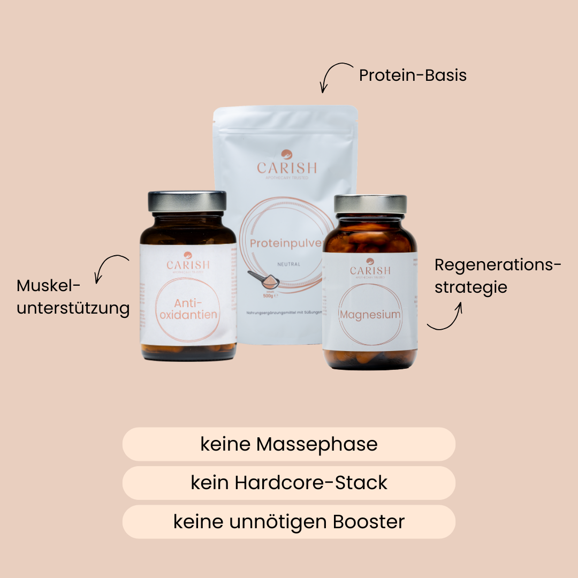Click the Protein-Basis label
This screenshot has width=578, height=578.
(x=413, y=75)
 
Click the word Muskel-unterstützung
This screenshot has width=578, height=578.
(x=73, y=297)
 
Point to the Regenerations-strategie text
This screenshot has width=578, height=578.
(x=498, y=276)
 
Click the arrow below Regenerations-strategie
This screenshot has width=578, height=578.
(x=446, y=317)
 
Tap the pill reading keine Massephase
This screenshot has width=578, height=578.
(x=289, y=444)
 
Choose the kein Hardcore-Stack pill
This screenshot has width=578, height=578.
(x=289, y=483)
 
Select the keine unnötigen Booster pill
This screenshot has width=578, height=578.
(x=289, y=522)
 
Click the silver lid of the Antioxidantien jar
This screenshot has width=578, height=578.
(x=187, y=201)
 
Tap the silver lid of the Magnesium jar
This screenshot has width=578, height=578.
(x=370, y=204)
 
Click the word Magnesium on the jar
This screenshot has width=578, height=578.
(x=370, y=315)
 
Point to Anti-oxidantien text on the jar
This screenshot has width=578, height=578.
(x=188, y=307)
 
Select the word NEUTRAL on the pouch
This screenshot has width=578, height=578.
(x=289, y=264)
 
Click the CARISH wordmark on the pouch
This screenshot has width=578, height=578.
(x=287, y=168)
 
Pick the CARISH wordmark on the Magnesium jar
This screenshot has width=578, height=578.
(x=370, y=270)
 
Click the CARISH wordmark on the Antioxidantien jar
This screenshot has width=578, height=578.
(x=188, y=265)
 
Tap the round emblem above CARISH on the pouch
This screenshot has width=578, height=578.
(x=287, y=154)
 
